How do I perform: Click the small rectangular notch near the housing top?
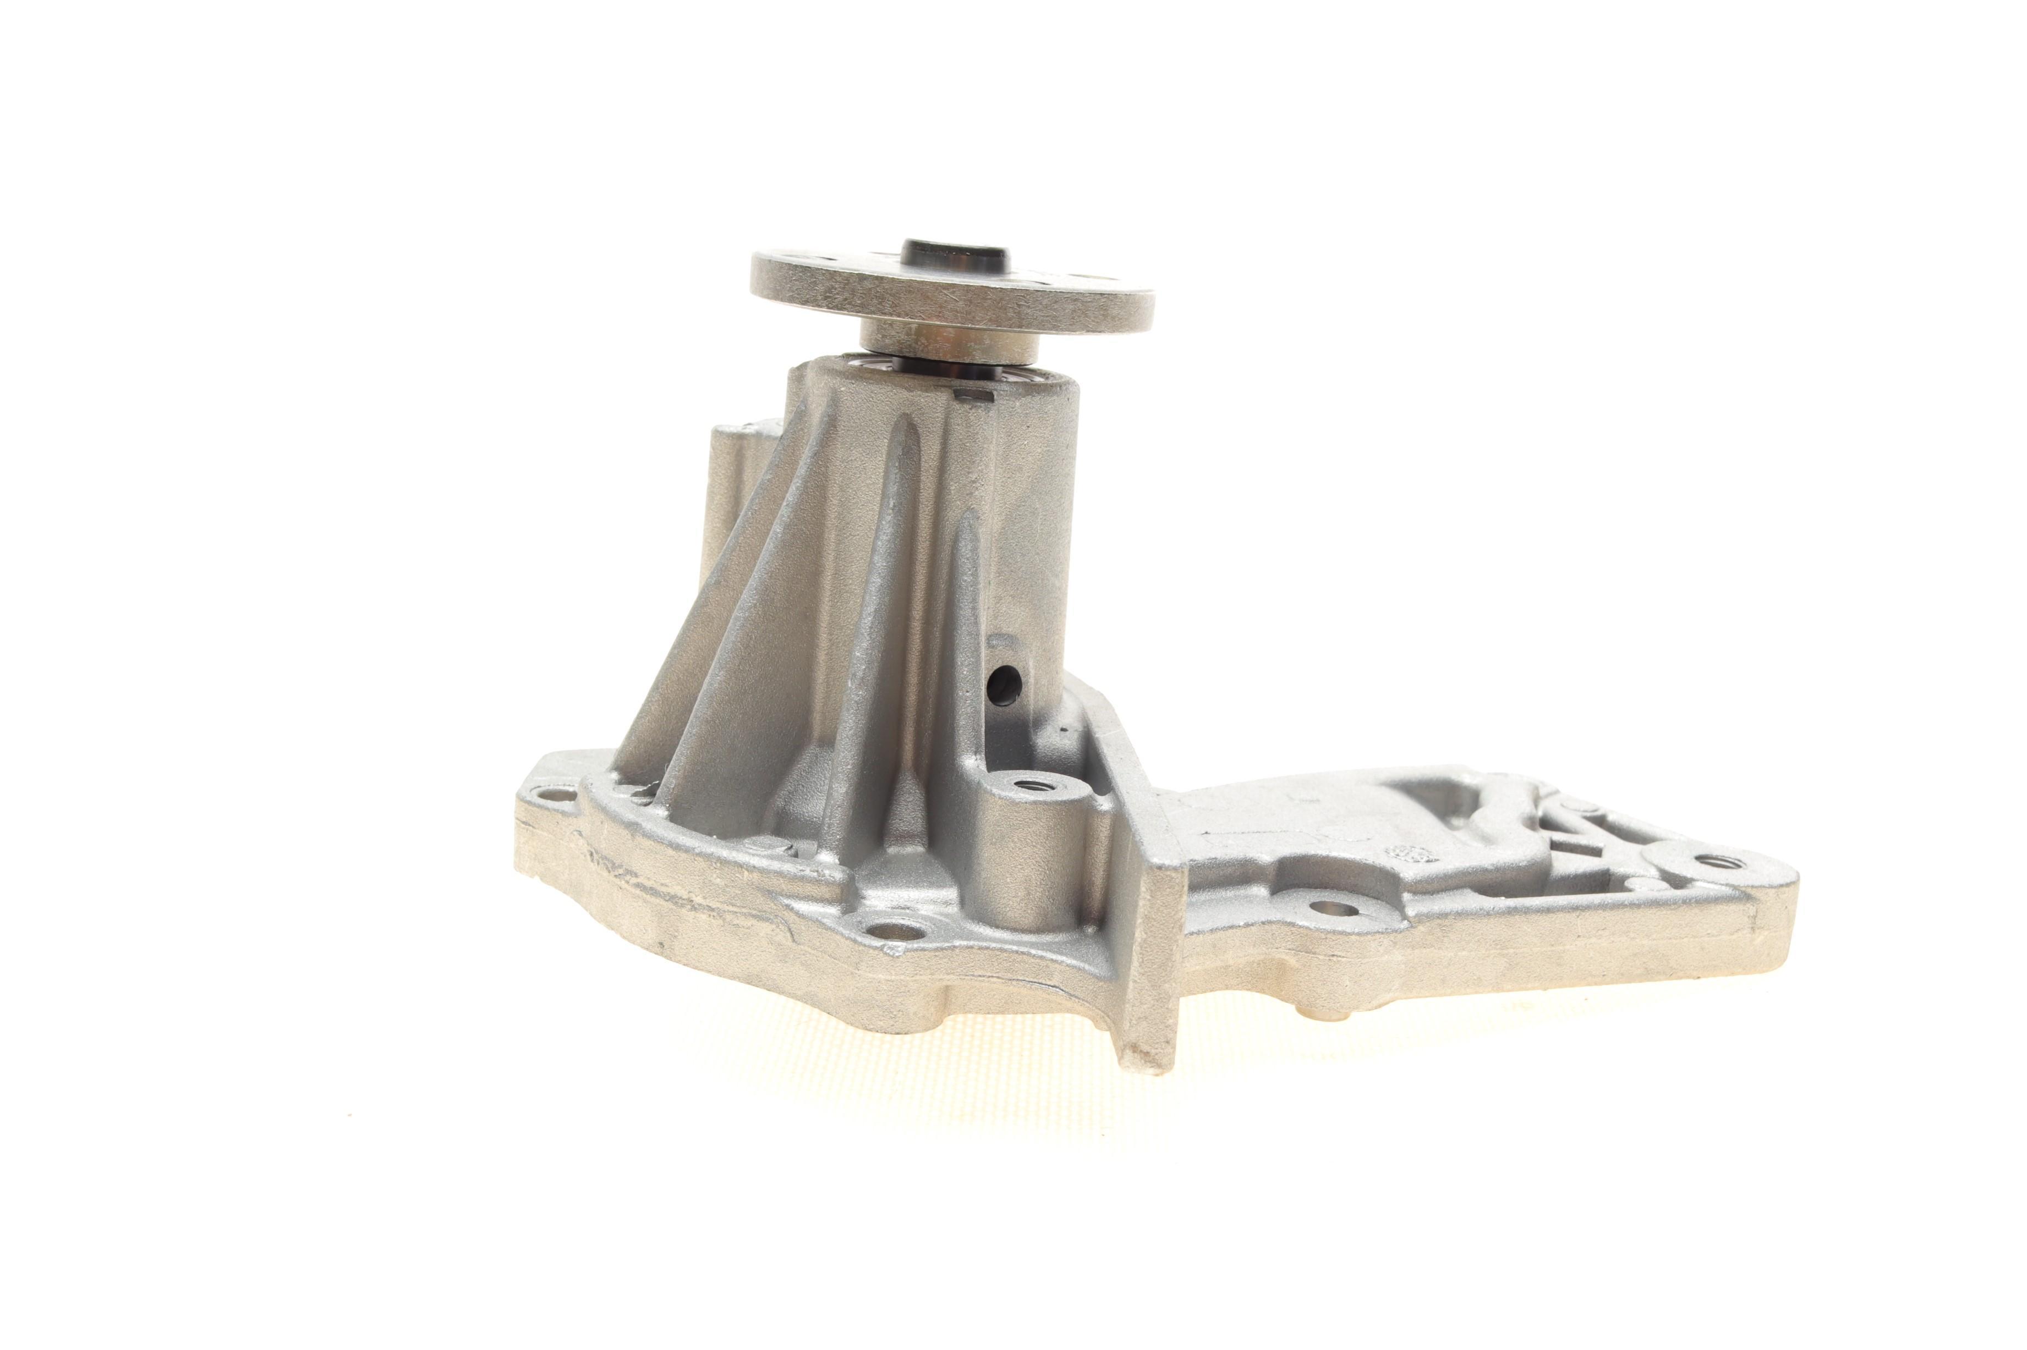tap(973, 395)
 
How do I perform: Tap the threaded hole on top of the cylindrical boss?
tap(1028, 785)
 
